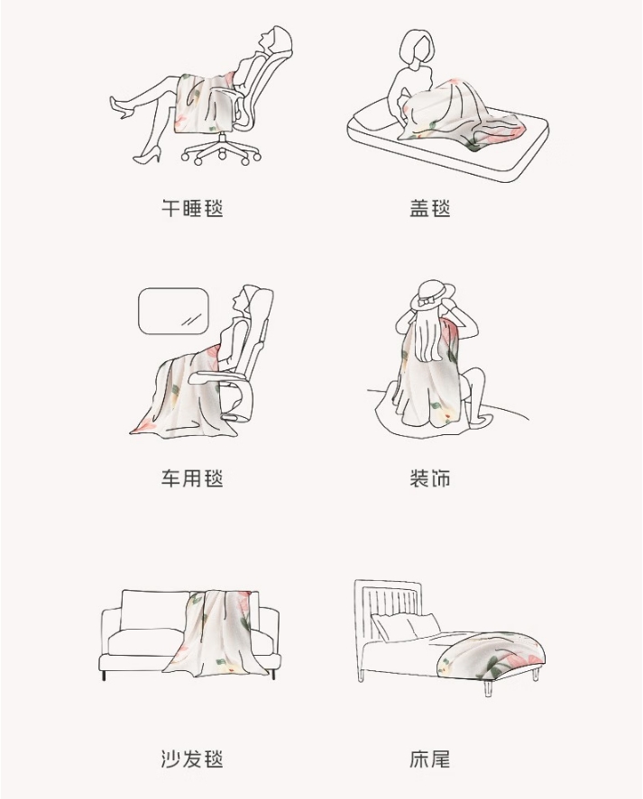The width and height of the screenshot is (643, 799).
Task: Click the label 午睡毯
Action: (x=192, y=208)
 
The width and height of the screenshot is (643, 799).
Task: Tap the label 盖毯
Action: (x=429, y=208)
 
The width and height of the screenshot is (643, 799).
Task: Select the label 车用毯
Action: (x=192, y=478)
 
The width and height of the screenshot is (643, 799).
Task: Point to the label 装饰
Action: (x=429, y=478)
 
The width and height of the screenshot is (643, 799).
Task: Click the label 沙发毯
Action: (x=192, y=758)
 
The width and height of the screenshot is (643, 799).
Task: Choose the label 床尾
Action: (x=429, y=758)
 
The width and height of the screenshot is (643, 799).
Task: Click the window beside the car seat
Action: (x=174, y=312)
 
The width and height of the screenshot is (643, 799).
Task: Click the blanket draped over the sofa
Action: (x=216, y=633)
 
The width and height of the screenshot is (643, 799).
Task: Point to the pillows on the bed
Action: (x=406, y=626)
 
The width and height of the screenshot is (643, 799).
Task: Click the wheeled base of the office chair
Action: (x=221, y=150)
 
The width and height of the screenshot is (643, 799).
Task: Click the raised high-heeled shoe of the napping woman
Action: (x=122, y=108)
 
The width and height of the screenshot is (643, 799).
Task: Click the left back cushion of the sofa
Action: (x=154, y=610)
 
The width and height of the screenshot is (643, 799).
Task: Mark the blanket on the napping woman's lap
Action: (x=204, y=103)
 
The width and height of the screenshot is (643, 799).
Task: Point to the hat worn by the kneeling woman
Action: (x=434, y=294)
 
